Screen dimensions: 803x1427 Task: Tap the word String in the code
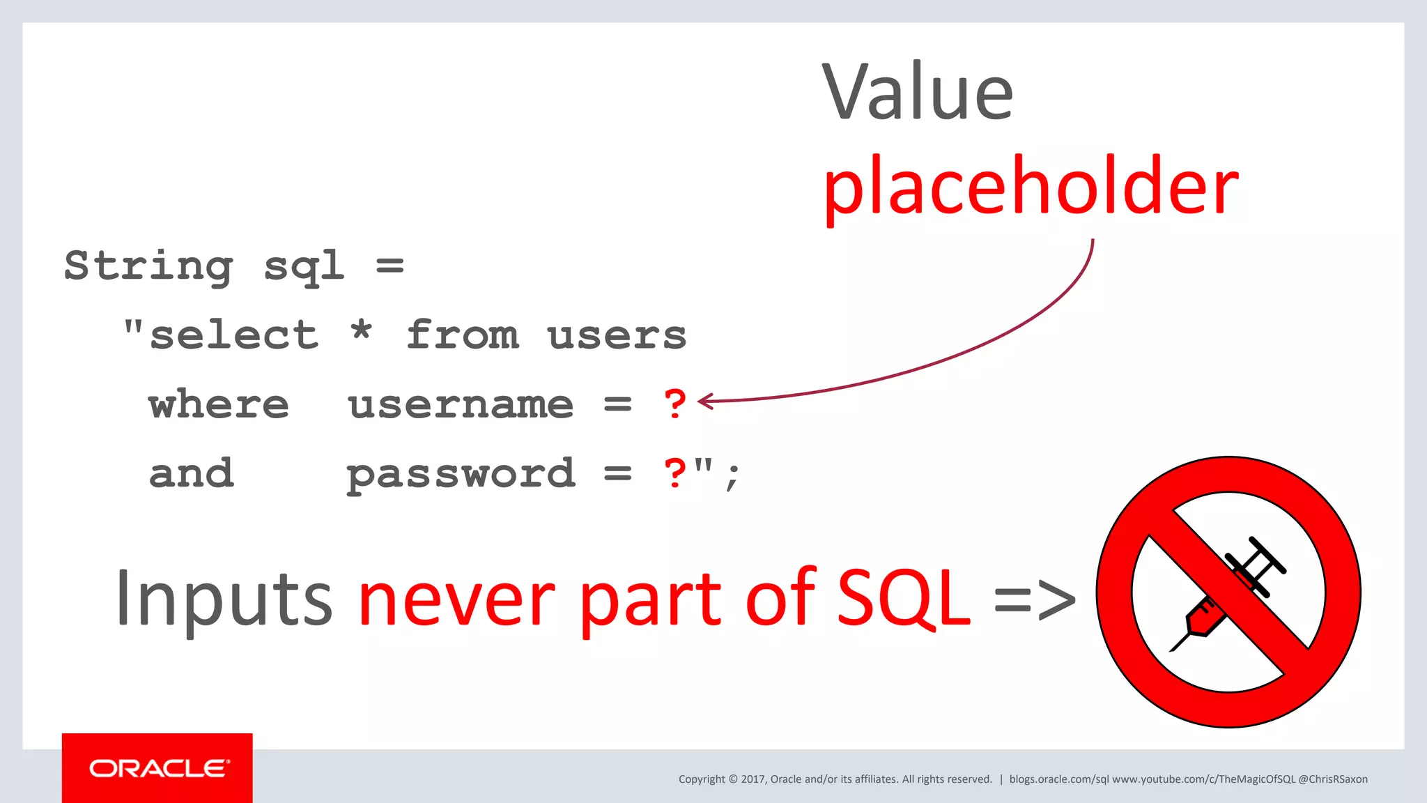pos(148,266)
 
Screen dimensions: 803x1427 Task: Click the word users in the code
pos(617,335)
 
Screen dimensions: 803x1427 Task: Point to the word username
pos(461,404)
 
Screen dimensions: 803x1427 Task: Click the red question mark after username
pos(674,404)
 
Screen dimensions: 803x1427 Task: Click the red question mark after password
pos(674,473)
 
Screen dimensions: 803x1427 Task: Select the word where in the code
pos(219,404)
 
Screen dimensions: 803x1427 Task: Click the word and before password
pos(191,474)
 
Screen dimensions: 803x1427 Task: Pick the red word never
pos(456,598)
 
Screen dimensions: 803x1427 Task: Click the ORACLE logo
pos(157,768)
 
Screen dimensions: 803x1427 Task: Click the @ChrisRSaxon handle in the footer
pos(1332,779)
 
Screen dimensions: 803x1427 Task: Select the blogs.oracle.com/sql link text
pos(1058,779)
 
